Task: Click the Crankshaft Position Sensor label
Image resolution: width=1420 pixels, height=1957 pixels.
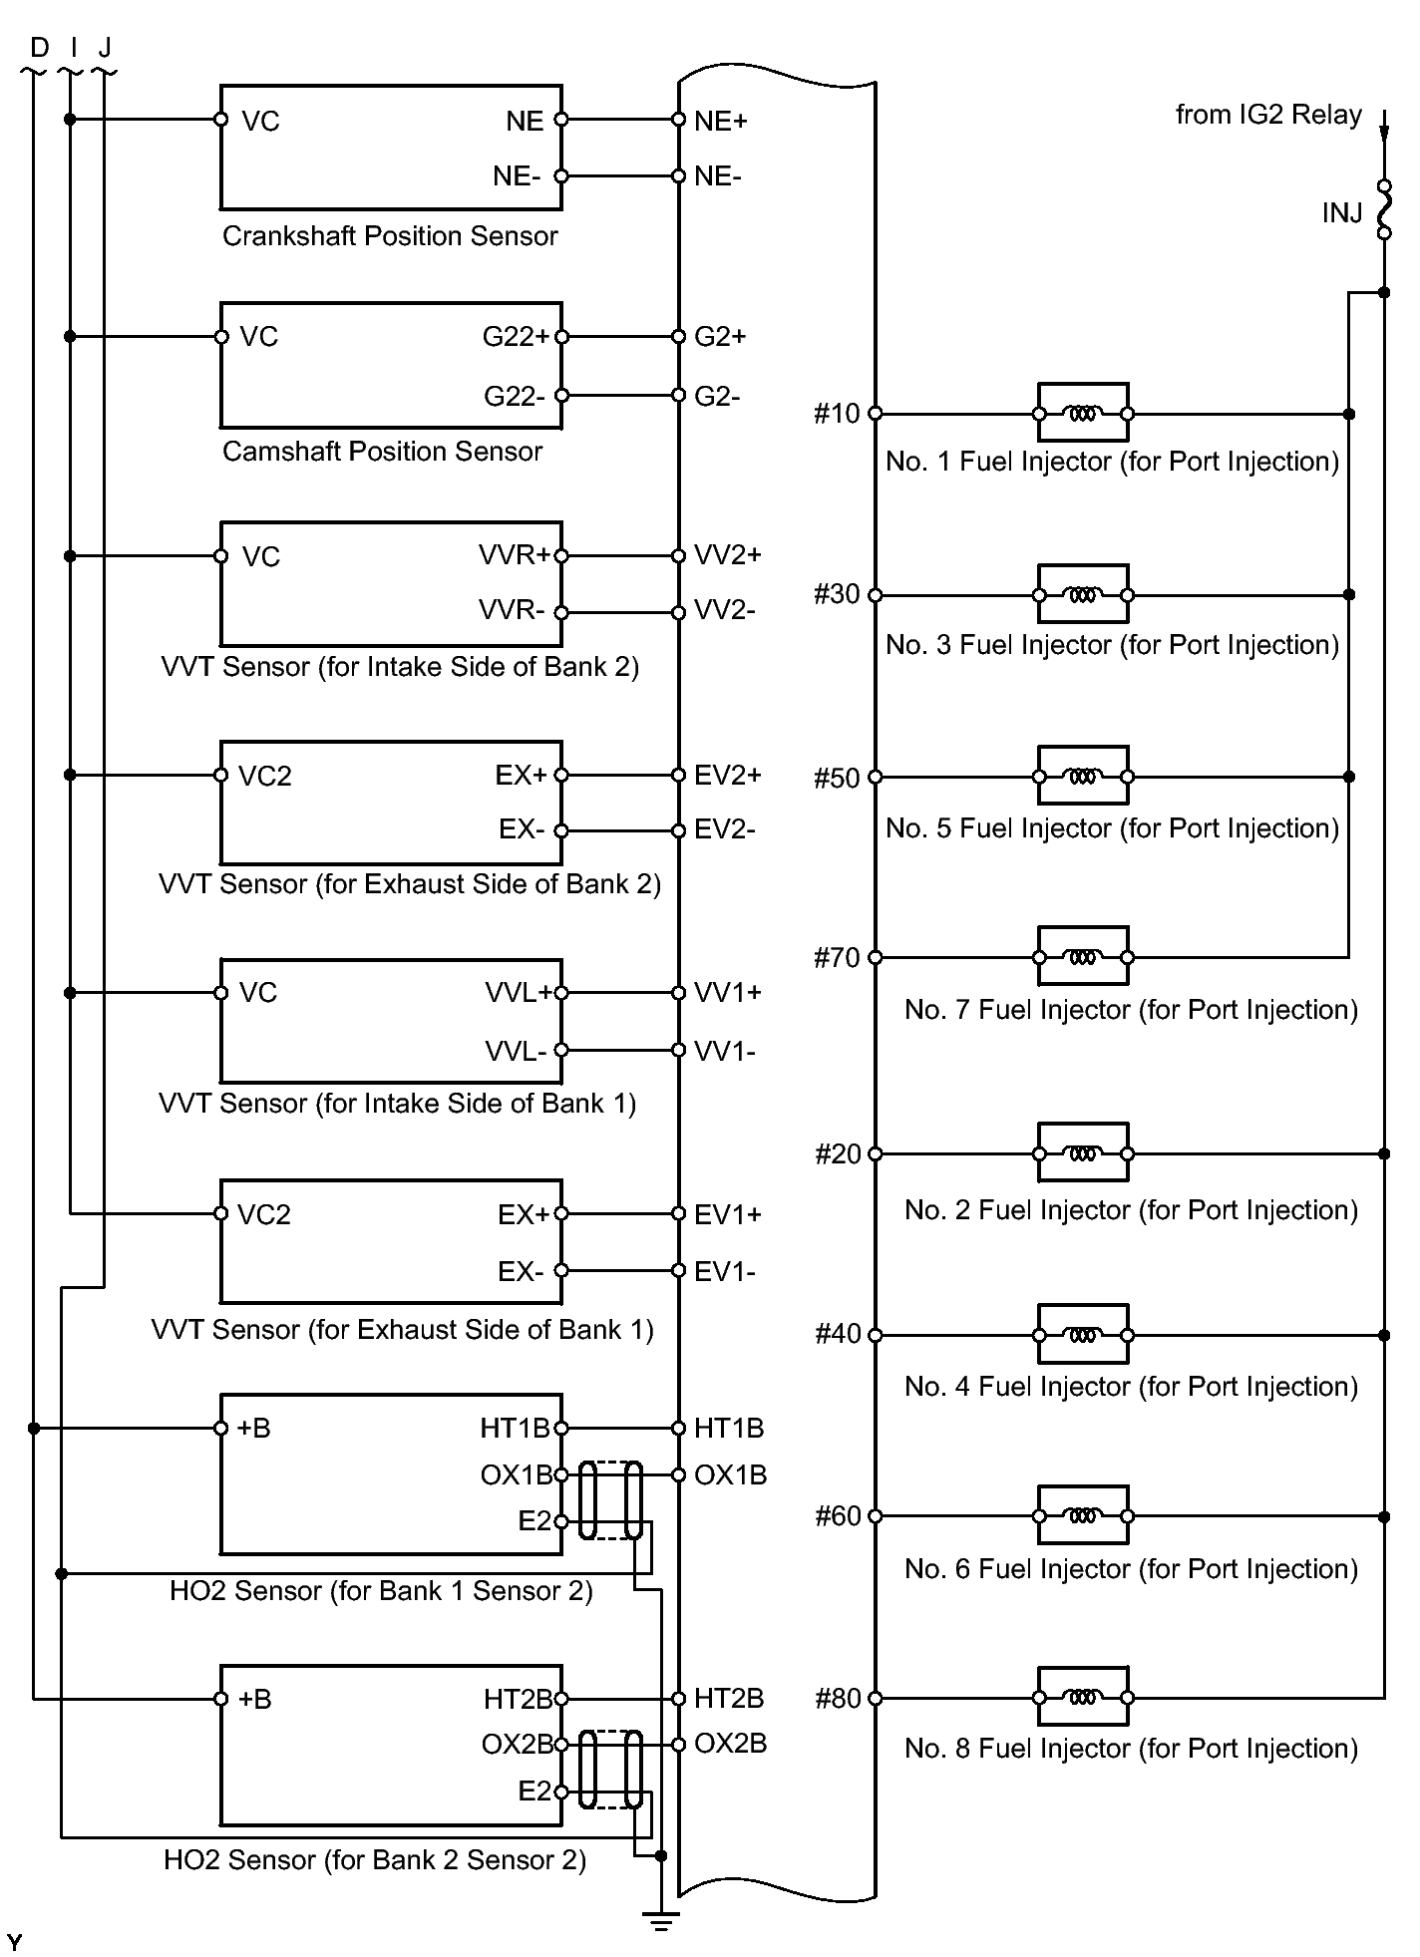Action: coord(390,236)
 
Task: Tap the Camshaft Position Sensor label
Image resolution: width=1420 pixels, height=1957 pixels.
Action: coord(382,452)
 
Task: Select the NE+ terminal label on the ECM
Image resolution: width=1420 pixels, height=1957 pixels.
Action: coord(721,122)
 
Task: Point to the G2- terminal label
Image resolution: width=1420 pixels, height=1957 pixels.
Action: coord(718,397)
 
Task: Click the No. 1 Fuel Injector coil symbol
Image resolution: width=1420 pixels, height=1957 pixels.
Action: coord(1083,413)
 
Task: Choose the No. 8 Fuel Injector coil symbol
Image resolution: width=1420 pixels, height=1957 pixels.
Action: coord(1083,1697)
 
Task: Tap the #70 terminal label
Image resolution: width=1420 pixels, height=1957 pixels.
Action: coord(837,958)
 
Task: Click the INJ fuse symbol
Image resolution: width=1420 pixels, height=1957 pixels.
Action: coord(1384,209)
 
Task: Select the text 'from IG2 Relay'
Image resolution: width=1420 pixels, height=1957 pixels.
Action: coord(1268,116)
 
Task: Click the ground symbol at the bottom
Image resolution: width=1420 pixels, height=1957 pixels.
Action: coord(660,1921)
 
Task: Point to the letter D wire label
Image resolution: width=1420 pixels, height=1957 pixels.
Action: coord(39,47)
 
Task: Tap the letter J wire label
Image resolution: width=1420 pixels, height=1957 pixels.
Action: coord(105,47)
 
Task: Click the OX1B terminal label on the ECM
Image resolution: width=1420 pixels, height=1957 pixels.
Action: coord(731,1475)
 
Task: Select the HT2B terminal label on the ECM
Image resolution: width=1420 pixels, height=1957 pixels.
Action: coord(729,1698)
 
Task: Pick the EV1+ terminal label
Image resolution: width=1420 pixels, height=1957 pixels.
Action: coord(728,1214)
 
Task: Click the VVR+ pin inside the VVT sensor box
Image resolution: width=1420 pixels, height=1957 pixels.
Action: coord(514,555)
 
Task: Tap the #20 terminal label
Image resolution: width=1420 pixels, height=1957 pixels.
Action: coord(837,1154)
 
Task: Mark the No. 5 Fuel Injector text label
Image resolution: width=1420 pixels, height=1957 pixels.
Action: coord(1112,828)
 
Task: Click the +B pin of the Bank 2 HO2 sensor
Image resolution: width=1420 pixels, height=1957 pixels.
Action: coord(254,1699)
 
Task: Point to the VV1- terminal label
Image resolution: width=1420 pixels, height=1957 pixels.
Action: coord(725,1051)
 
